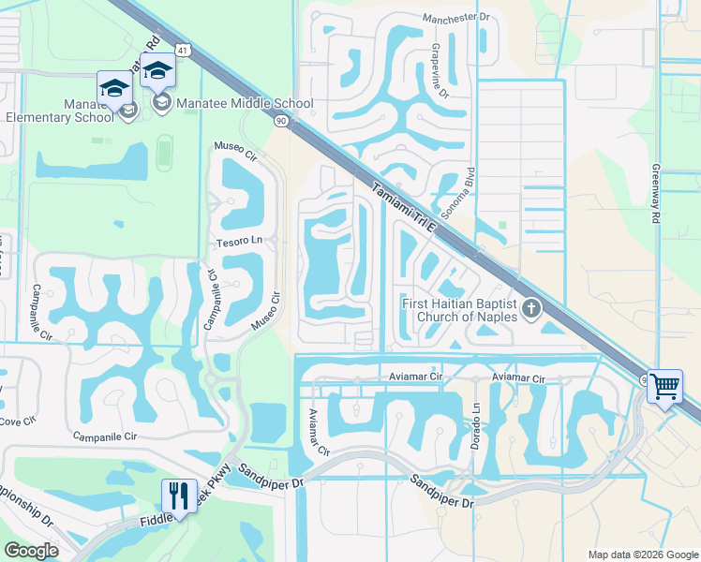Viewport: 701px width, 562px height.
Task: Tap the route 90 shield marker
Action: point(281,122)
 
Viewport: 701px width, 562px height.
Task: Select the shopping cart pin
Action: point(664,385)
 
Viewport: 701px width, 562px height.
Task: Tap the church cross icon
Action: point(531,308)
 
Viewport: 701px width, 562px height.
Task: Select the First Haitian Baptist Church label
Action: point(459,309)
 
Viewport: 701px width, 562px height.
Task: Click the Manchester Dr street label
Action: point(456,18)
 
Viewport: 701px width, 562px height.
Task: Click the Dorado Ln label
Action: point(476,421)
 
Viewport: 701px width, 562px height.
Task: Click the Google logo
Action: point(31,551)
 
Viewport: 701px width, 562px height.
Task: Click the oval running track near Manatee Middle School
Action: point(165,149)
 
